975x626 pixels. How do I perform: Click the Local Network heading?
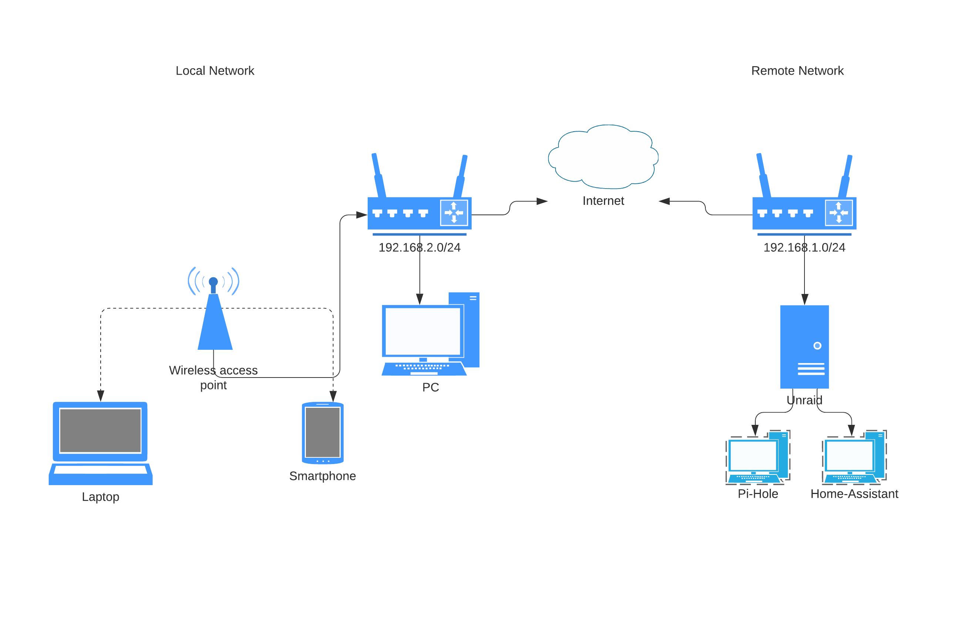click(x=215, y=71)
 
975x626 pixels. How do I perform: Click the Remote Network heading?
click(x=797, y=71)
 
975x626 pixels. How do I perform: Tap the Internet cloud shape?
click(x=603, y=156)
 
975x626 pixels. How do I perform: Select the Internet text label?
click(x=603, y=201)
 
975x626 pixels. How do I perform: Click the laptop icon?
click(x=101, y=443)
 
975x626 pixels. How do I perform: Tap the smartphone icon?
click(x=323, y=433)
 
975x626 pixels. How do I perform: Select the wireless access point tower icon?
click(x=214, y=308)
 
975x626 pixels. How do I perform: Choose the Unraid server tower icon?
click(x=804, y=347)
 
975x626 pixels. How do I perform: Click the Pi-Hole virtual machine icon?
click(x=758, y=457)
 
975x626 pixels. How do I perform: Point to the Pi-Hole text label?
click(x=758, y=494)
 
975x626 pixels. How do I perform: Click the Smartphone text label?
click(x=323, y=476)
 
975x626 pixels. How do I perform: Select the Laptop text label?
click(x=101, y=497)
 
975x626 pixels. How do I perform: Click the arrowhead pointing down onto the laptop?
click(x=101, y=396)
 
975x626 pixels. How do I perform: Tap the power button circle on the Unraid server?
click(x=817, y=345)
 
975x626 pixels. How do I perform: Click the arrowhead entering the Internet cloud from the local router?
click(x=542, y=201)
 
